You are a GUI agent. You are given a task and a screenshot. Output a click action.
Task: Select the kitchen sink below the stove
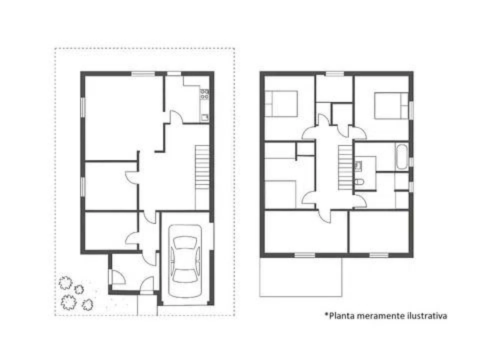point(204,117)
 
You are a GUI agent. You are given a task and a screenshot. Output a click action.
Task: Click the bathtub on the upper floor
point(401,156)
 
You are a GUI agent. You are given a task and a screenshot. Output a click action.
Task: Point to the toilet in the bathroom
point(359,182)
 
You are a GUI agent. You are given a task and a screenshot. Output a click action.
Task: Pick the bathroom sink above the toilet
point(358,165)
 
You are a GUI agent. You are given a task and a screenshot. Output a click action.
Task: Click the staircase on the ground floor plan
point(202,167)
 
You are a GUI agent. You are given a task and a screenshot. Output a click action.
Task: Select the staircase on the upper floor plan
point(345,167)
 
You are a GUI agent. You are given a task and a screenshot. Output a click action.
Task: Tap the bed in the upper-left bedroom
point(281,104)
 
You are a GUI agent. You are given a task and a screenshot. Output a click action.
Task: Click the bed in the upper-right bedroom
point(391,105)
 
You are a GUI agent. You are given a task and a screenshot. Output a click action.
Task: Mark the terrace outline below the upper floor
point(300,296)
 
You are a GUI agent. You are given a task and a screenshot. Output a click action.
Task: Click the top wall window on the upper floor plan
point(334,73)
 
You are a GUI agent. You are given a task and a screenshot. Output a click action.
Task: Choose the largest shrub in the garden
point(68,302)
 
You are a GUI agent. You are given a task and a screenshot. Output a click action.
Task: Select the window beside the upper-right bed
point(411,109)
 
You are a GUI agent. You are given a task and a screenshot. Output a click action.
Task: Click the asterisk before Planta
point(326,313)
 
